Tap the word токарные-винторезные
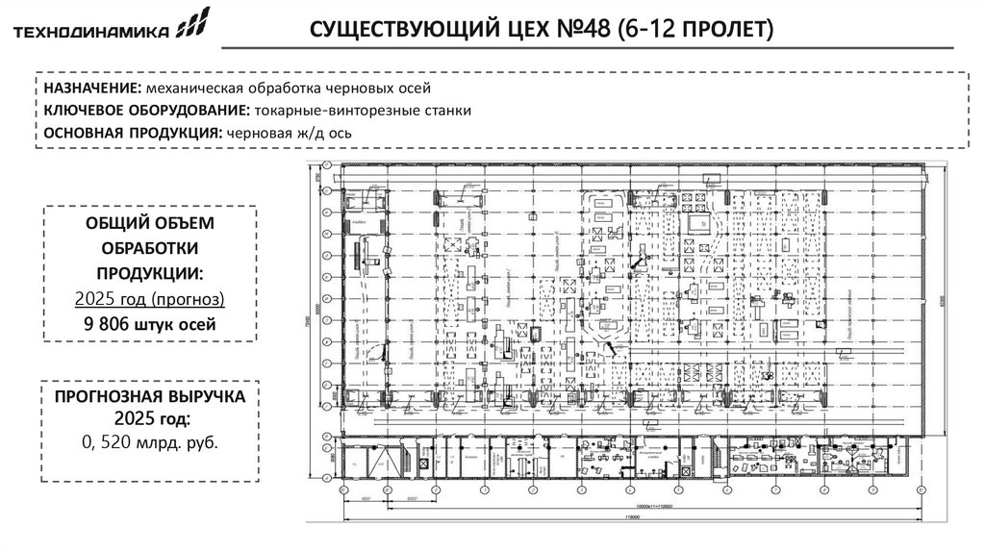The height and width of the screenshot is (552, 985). tap(309, 111)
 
